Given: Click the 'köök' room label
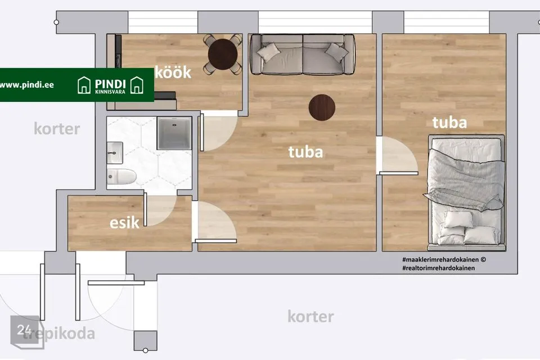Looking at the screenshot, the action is point(173,73).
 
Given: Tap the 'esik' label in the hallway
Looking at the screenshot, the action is point(124,223).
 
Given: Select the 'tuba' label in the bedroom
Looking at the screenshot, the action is point(449,123).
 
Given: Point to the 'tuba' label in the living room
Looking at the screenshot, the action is point(305,152).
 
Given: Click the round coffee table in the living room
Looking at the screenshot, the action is point(322,107).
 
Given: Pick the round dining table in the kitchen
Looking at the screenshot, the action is point(223,54).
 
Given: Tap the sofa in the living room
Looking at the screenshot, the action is point(302,54).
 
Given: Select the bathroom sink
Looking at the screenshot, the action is point(115,152).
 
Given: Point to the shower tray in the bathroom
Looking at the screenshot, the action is point(174,133).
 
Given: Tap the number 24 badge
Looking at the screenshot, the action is point(24,330).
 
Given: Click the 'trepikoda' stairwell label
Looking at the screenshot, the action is point(58,334).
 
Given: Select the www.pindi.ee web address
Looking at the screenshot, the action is point(27,85).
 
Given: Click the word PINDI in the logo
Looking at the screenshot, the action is point(110,84).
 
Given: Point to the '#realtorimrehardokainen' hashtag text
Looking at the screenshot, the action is point(438,268).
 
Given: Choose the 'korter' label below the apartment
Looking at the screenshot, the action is point(310,317).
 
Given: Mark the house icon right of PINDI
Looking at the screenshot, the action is point(137,85).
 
